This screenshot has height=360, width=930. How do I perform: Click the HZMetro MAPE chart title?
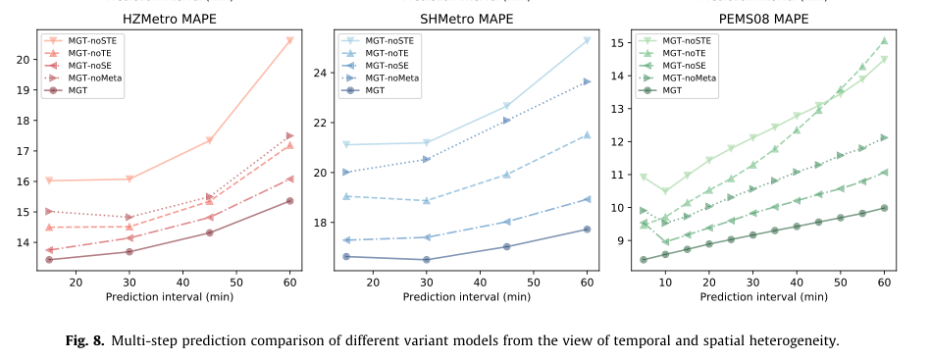point(170,19)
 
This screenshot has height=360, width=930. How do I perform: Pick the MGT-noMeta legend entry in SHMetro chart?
point(387,77)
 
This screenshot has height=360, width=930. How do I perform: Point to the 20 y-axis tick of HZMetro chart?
point(25,59)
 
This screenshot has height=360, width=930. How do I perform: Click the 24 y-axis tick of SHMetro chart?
point(324,73)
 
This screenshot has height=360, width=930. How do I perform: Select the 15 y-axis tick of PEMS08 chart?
point(623,43)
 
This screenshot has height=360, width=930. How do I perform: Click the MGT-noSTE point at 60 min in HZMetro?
point(290,40)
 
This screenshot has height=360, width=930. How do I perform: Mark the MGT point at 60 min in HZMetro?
point(290,201)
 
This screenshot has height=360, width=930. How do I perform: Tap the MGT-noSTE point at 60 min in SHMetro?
point(588,40)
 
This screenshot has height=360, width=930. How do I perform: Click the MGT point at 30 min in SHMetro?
point(426,260)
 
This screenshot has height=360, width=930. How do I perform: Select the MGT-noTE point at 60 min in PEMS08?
point(884,41)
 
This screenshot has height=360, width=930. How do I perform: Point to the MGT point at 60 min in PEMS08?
point(884,208)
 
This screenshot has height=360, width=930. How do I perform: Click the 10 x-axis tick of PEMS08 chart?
point(665,283)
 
